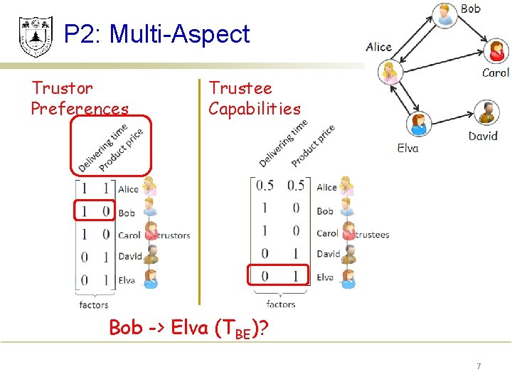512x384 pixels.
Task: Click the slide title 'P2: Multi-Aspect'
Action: (156, 34)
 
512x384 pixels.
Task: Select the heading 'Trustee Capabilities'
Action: (254, 98)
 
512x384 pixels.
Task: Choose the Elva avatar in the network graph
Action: (418, 124)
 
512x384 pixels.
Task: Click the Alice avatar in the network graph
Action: (390, 73)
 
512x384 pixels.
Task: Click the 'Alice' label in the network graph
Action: (378, 47)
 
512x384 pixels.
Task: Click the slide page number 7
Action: (479, 366)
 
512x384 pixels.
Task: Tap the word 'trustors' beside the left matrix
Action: (174, 235)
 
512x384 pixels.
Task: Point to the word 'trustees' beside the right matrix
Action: (373, 234)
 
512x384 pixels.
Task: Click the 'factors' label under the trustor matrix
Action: (94, 304)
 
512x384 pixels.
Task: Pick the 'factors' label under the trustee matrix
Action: (281, 304)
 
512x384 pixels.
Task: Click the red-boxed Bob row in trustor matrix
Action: (94, 211)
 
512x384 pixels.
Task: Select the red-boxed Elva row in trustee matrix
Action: (277, 276)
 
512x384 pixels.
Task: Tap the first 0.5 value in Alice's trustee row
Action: (265, 186)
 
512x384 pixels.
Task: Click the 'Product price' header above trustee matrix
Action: (312, 146)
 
